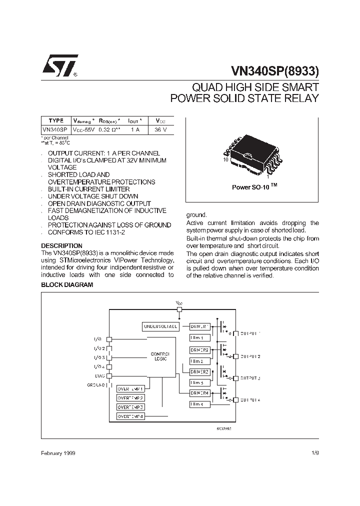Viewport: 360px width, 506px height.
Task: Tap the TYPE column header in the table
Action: click(x=56, y=120)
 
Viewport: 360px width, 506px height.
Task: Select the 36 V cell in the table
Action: click(x=160, y=129)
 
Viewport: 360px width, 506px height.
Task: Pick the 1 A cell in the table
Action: click(x=135, y=129)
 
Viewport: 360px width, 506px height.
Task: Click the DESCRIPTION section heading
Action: click(x=61, y=246)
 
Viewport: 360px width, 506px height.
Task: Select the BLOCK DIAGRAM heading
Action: click(x=67, y=285)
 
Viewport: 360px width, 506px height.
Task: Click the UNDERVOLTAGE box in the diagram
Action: click(x=160, y=326)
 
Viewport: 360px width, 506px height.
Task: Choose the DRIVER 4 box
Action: click(x=199, y=393)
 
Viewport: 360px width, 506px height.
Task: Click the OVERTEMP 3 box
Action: click(x=130, y=407)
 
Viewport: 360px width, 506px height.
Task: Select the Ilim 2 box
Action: click(x=196, y=361)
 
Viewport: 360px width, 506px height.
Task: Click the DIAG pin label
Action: click(x=99, y=375)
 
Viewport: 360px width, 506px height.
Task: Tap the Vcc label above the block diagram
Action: click(x=179, y=303)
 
